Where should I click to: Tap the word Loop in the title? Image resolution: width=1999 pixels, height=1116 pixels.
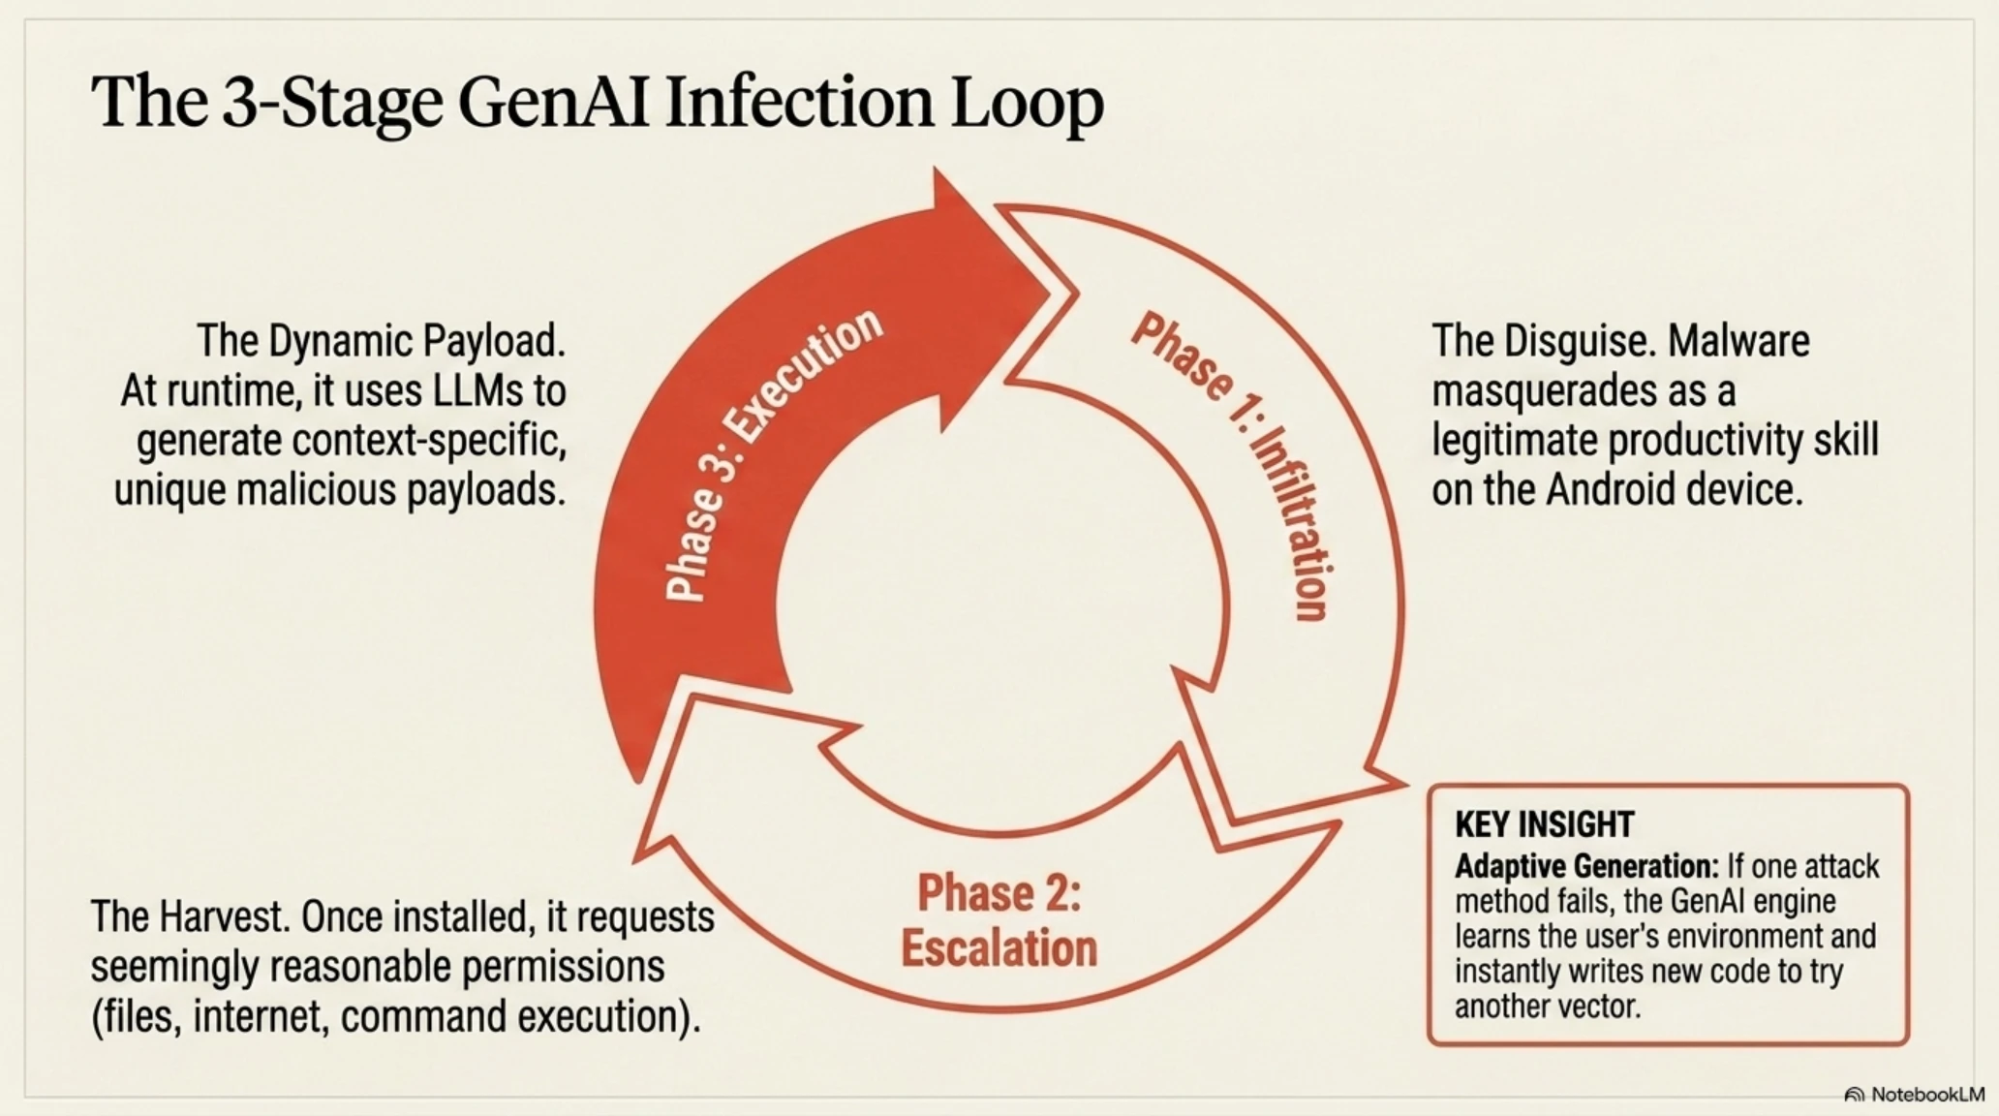1026,105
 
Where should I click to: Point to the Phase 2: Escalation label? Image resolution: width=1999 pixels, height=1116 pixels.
999,920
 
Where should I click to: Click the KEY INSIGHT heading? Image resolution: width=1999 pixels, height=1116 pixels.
1544,824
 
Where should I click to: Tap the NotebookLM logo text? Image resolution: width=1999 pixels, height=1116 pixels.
1927,1094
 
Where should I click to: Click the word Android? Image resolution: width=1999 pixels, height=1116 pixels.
1611,490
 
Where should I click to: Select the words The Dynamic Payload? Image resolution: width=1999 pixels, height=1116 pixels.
381,342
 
